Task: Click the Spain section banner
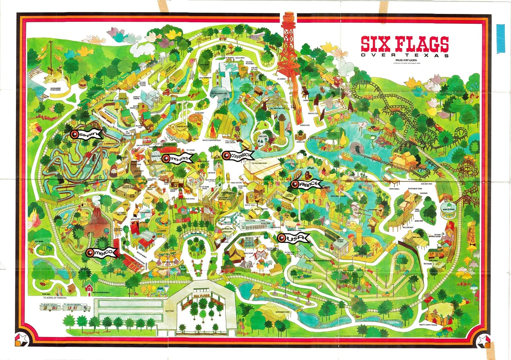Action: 87,135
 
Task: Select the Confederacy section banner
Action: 238,155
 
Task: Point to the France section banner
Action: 306,184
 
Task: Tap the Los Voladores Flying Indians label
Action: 55,89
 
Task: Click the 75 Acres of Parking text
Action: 55,298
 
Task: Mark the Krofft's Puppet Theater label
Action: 428,325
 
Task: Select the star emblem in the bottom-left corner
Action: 22,339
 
